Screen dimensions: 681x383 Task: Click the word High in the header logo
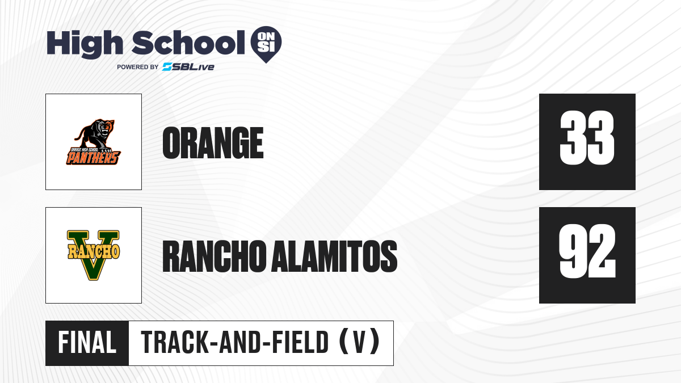[x=85, y=44]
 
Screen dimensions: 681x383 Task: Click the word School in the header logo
[x=188, y=42]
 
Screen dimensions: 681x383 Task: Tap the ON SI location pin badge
[x=266, y=44]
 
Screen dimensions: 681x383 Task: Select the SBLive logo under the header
[x=188, y=67]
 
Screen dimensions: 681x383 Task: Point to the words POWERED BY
[x=137, y=67]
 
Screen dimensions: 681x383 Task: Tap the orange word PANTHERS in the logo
[x=93, y=158]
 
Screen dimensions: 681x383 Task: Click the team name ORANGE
[x=213, y=142]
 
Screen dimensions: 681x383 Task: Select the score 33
[x=587, y=138]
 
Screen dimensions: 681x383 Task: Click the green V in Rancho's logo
[x=93, y=255]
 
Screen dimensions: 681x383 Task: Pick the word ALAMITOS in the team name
[x=334, y=256]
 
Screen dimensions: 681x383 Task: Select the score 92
[x=587, y=251]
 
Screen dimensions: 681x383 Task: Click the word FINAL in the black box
[x=87, y=342]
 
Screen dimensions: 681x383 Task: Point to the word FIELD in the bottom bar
[x=300, y=342]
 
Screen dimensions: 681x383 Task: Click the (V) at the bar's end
[x=359, y=342]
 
